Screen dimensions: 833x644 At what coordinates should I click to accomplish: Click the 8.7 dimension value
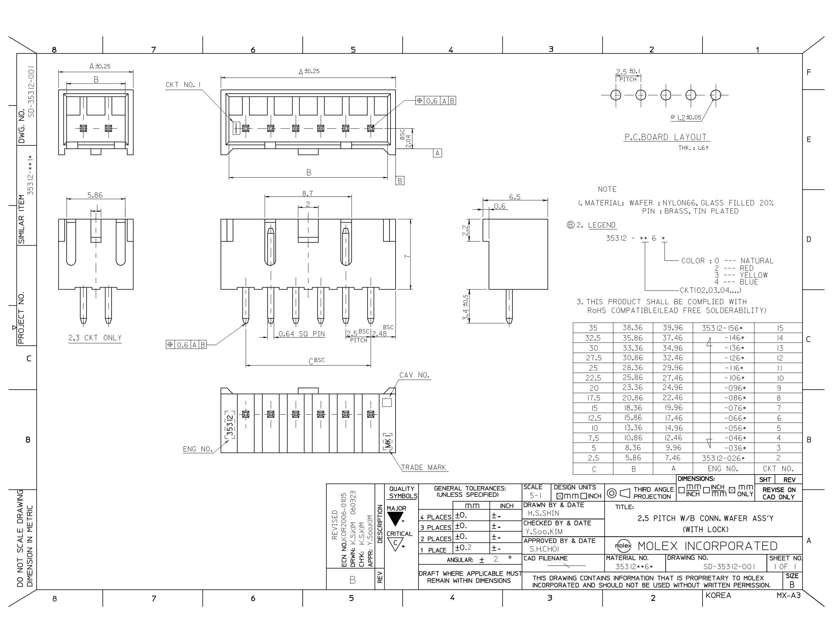coord(307,193)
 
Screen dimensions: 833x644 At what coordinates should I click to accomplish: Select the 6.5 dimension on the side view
coord(515,197)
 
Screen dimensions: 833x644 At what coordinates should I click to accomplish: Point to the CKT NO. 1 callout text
coord(183,85)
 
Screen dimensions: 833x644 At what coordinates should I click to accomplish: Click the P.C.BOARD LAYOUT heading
coord(666,137)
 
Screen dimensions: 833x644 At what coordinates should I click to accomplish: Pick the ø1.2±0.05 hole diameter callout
coord(686,117)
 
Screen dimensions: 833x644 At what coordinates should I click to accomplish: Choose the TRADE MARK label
coord(423,467)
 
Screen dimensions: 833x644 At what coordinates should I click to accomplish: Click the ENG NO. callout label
coord(197,449)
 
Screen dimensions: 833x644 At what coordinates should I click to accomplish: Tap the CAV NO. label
coord(414,375)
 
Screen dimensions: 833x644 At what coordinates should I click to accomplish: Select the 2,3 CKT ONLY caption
coord(95,338)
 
